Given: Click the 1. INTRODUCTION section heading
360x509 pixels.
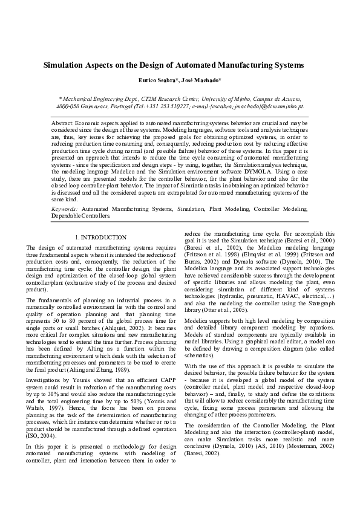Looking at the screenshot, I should (x=100, y=238).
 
